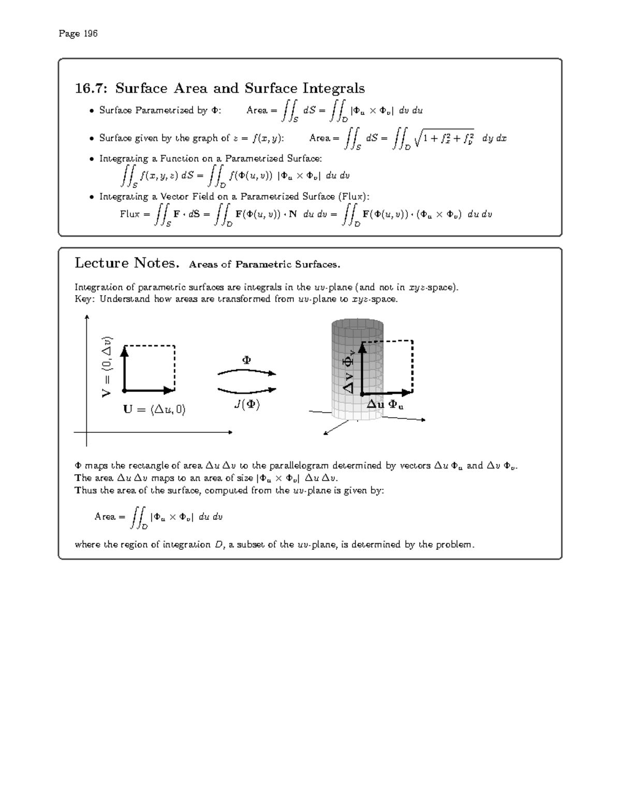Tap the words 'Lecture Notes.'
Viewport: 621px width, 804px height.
pos(127,264)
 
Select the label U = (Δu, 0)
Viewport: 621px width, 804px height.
pos(154,410)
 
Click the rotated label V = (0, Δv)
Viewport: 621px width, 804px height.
pos(107,367)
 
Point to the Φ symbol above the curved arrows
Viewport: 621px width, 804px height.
pos(247,360)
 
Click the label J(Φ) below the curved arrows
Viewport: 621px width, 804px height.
pos(247,404)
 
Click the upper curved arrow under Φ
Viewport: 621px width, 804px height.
pos(247,372)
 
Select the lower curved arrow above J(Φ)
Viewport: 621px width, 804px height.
pos(247,390)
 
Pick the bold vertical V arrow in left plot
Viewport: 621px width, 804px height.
pos(124,368)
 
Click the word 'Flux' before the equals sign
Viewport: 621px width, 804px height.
pos(129,214)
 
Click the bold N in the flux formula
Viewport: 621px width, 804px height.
pos(293,214)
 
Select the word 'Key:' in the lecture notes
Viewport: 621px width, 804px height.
pos(84,299)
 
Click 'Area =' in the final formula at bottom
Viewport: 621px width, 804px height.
pos(110,517)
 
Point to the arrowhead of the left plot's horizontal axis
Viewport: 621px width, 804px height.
pos(229,432)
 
